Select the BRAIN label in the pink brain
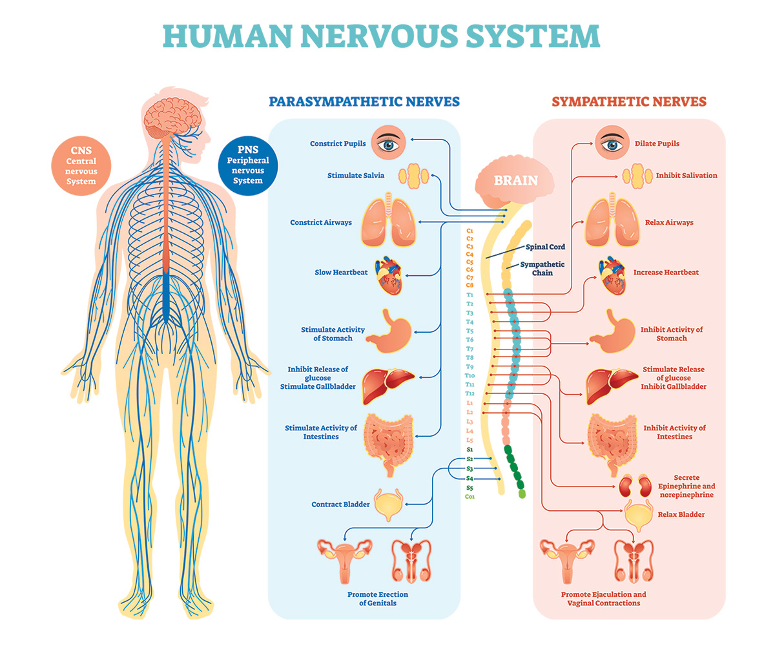(x=515, y=180)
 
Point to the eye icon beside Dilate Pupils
(x=610, y=143)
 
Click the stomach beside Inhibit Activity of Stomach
(x=610, y=331)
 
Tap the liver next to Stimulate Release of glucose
(x=610, y=385)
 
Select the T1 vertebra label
(x=470, y=295)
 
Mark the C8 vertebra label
(x=470, y=285)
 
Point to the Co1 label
(x=470, y=497)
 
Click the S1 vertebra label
(x=470, y=448)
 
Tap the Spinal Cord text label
(x=546, y=247)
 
